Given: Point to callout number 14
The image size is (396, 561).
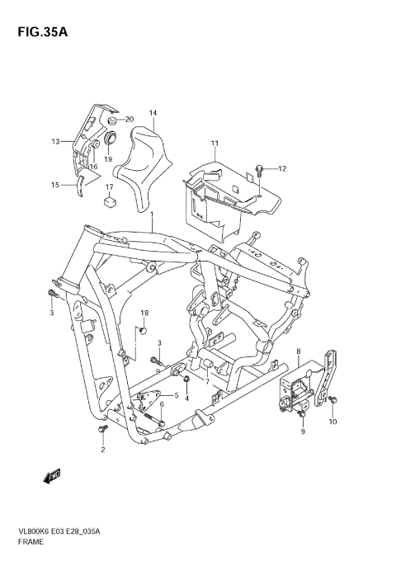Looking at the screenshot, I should (x=153, y=113).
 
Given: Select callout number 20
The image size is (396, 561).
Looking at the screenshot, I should (x=130, y=120).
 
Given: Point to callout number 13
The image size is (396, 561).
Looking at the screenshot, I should (x=56, y=142).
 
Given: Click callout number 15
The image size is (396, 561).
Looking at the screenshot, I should (x=56, y=185).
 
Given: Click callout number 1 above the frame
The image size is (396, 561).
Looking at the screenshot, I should (x=152, y=214).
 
